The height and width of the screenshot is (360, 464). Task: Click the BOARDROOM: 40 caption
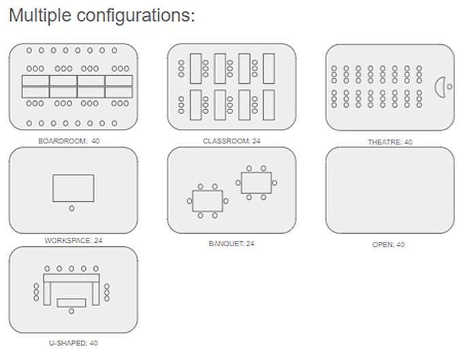(x=73, y=141)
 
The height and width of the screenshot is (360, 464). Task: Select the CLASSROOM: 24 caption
(x=232, y=141)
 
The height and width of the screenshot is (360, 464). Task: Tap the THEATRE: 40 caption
(x=390, y=142)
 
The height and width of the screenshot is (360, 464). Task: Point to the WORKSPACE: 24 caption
(x=73, y=241)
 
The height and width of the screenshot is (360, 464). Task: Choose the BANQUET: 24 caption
(x=232, y=243)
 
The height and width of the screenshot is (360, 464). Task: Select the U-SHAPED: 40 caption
(x=73, y=343)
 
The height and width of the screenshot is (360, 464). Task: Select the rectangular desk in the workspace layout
(x=74, y=187)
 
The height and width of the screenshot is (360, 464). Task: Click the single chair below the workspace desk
(x=72, y=208)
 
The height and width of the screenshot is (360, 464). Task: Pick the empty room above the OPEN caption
(x=390, y=190)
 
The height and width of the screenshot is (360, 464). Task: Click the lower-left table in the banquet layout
(x=208, y=200)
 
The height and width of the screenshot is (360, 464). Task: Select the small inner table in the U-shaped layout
(x=72, y=302)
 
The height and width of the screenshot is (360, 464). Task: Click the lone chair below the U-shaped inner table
(x=72, y=312)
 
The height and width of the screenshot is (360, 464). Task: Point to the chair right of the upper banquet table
(x=275, y=183)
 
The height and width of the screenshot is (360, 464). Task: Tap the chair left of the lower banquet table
(x=189, y=200)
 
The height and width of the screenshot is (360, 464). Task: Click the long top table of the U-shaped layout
(x=72, y=277)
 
